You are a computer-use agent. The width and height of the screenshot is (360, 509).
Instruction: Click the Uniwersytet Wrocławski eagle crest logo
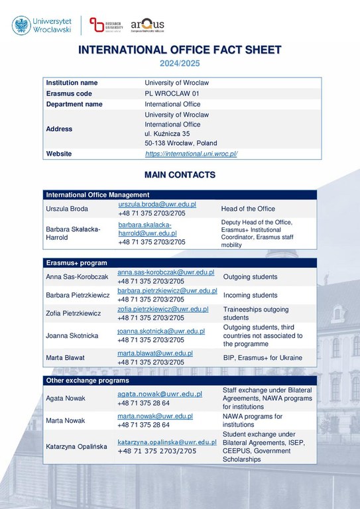coord(21,25)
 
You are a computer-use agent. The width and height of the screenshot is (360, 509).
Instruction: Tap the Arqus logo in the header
coord(147,25)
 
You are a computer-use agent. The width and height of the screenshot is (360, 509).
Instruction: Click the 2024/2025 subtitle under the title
coord(179,64)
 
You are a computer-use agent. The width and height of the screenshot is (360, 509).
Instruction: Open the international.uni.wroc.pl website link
coord(191,154)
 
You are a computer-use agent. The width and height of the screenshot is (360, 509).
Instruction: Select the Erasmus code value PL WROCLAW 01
coord(172,93)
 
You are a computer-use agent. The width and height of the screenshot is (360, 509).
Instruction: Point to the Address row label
coord(59,129)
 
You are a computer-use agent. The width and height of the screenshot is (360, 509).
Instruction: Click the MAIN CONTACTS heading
coord(180,175)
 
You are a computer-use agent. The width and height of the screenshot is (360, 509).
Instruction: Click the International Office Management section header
coord(97,195)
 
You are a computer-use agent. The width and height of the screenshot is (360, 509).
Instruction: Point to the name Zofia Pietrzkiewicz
coord(73,313)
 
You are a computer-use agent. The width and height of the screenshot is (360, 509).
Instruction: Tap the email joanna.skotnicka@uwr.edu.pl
coord(161,331)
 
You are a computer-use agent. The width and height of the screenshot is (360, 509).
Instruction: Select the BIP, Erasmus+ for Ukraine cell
coord(263,358)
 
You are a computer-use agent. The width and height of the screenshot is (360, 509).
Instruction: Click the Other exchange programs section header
coord(87,380)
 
